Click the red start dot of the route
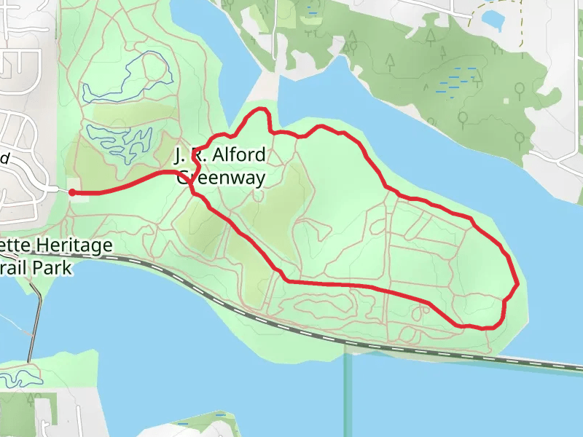click(72, 192)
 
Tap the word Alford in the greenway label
click(237, 155)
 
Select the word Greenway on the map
click(222, 177)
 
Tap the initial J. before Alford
click(180, 155)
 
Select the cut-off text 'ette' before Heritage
click(14, 245)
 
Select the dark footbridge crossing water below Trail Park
click(31, 328)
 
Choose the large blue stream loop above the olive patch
click(128, 76)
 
